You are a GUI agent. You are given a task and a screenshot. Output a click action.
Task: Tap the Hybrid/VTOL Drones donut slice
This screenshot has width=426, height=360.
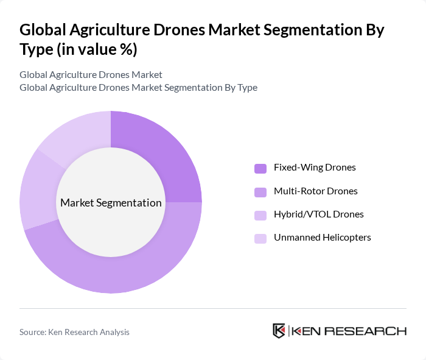pyautogui.click(x=34, y=189)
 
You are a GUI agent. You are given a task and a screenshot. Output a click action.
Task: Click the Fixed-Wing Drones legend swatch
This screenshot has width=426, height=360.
pyautogui.click(x=260, y=168)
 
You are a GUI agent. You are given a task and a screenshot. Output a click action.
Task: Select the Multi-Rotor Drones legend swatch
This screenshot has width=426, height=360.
pyautogui.click(x=260, y=192)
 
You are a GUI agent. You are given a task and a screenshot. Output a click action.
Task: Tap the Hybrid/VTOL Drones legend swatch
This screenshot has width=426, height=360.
pyautogui.click(x=260, y=215)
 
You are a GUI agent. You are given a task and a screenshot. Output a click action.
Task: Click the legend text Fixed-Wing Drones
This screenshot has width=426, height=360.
pyautogui.click(x=315, y=168)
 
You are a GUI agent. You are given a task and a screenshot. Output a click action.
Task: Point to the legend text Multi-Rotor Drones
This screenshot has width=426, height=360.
pyautogui.click(x=315, y=191)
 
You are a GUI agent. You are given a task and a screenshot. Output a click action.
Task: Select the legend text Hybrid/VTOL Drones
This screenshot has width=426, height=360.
pyautogui.click(x=318, y=214)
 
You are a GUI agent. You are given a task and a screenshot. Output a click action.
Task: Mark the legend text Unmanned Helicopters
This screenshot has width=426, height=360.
pyautogui.click(x=322, y=238)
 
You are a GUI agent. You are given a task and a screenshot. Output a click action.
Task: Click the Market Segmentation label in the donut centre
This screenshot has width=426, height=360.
pyautogui.click(x=111, y=203)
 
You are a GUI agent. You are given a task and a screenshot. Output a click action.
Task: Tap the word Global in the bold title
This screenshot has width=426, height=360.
pyautogui.click(x=42, y=30)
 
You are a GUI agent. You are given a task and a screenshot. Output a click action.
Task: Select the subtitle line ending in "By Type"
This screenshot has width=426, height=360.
pyautogui.click(x=138, y=88)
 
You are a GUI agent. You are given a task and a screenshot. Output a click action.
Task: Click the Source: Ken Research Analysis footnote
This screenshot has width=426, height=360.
pyautogui.click(x=74, y=332)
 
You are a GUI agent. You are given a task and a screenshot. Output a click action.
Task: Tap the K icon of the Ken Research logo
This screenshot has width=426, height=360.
pyautogui.click(x=279, y=331)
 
